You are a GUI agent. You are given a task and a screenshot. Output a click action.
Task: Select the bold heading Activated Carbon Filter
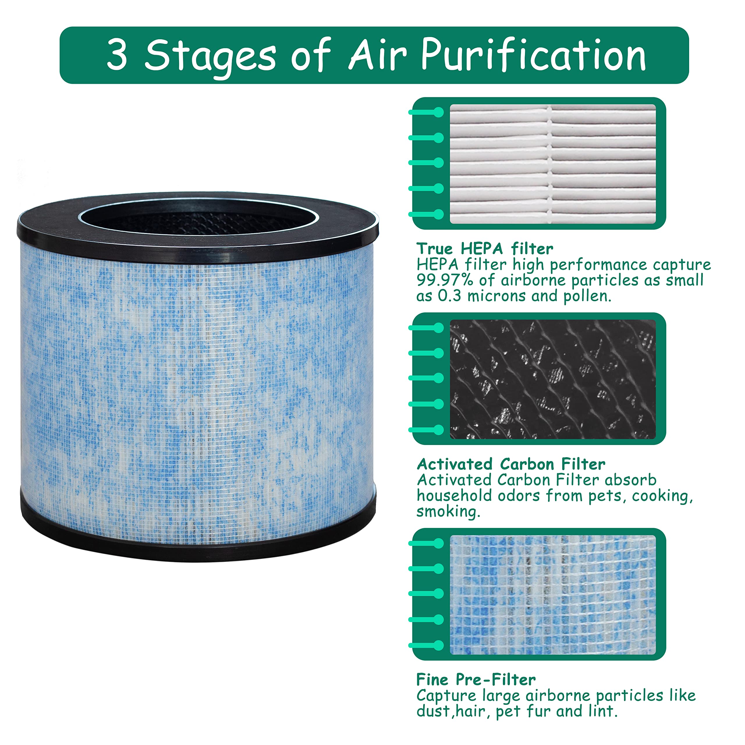(x=511, y=464)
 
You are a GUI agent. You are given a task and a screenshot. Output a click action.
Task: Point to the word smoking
(x=448, y=512)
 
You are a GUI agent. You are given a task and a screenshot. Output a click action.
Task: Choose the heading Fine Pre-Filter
(x=476, y=680)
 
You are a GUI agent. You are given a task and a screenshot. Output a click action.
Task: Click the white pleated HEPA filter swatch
(x=553, y=164)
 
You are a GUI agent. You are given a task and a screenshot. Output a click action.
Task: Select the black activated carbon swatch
(x=553, y=379)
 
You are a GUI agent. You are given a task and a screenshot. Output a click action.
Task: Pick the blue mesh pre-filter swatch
(x=553, y=595)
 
